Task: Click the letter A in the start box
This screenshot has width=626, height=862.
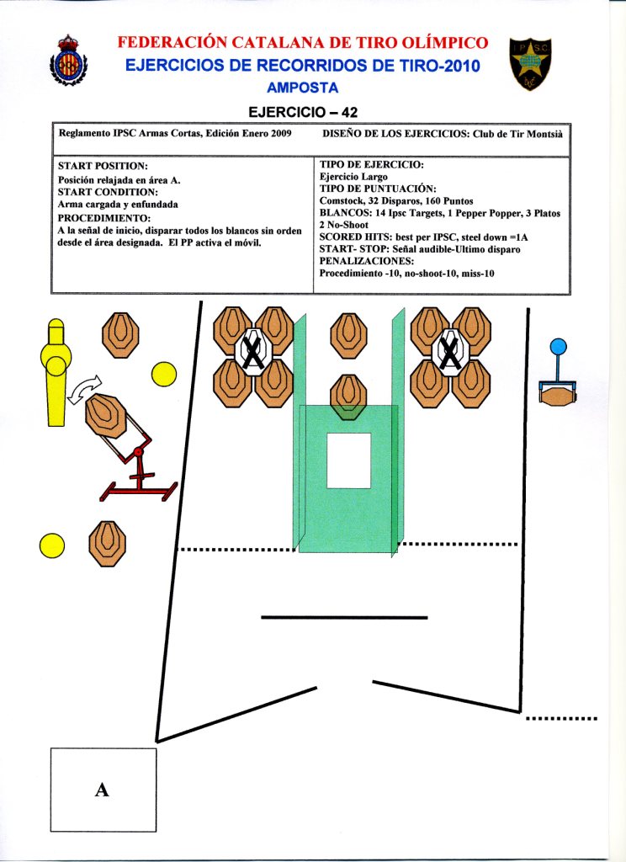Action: pyautogui.click(x=103, y=790)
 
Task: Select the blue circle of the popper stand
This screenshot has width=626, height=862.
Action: pyautogui.click(x=558, y=346)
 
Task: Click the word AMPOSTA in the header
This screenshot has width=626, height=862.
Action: pyautogui.click(x=303, y=88)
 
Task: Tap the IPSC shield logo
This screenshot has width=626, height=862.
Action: pyautogui.click(x=528, y=63)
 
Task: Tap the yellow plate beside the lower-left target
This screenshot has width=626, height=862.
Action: pyautogui.click(x=52, y=545)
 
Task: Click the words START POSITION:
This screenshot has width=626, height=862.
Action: pyautogui.click(x=103, y=167)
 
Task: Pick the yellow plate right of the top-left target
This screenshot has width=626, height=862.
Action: pyautogui.click(x=163, y=375)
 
